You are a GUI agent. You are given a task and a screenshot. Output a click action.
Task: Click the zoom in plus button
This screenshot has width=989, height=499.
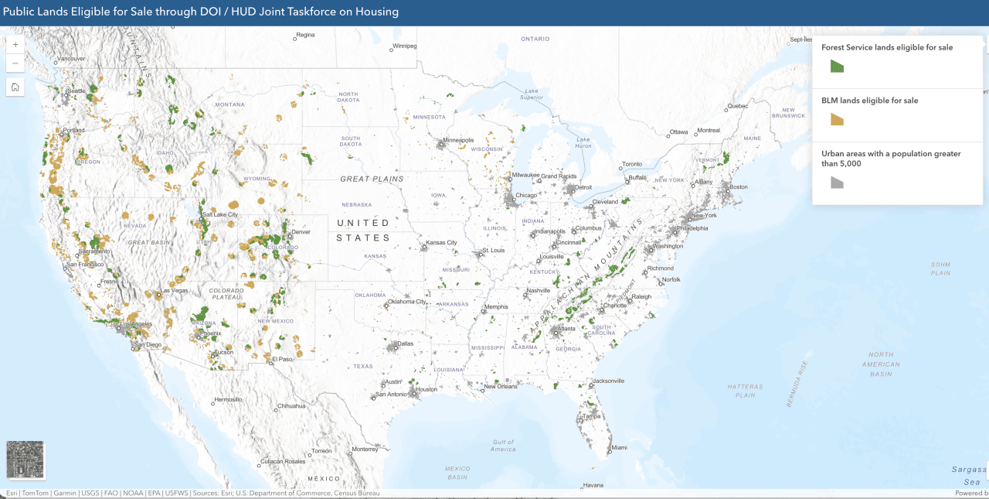[15, 45]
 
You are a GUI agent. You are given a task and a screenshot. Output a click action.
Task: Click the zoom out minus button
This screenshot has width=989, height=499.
[15, 63]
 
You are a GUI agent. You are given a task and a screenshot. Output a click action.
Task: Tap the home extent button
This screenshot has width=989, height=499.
[15, 87]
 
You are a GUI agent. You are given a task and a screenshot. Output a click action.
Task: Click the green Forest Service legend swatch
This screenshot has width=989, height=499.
[837, 67]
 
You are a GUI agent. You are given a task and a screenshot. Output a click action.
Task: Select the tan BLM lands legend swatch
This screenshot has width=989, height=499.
[837, 119]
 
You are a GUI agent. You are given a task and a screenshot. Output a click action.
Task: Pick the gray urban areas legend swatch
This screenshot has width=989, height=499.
[837, 183]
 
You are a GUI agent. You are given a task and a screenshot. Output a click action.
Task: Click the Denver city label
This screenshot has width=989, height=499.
[302, 231]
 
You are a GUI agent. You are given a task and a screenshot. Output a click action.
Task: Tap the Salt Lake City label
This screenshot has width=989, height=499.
[219, 214]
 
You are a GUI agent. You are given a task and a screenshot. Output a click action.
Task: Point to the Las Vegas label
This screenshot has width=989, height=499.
[174, 290]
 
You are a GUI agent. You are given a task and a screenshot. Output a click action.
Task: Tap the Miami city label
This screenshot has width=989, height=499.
[619, 447]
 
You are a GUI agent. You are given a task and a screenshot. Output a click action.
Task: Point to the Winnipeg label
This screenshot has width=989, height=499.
[405, 46]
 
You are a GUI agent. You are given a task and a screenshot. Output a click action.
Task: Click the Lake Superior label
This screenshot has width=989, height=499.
[532, 94]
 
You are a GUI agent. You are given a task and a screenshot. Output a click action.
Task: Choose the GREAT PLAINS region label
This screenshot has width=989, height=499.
[372, 179]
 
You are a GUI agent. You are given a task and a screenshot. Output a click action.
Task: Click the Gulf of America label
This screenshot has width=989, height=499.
[503, 446]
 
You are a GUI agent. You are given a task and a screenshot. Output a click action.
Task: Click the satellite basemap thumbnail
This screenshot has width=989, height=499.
[25, 460]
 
